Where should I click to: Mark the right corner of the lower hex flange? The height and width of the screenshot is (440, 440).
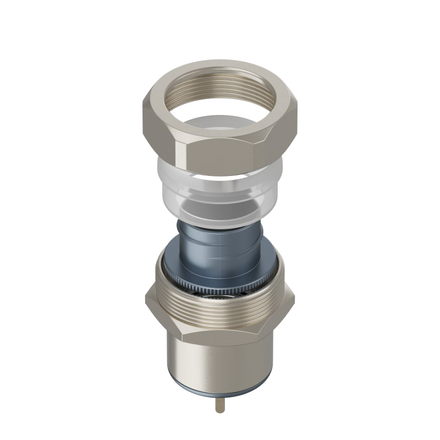point(292,300)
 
